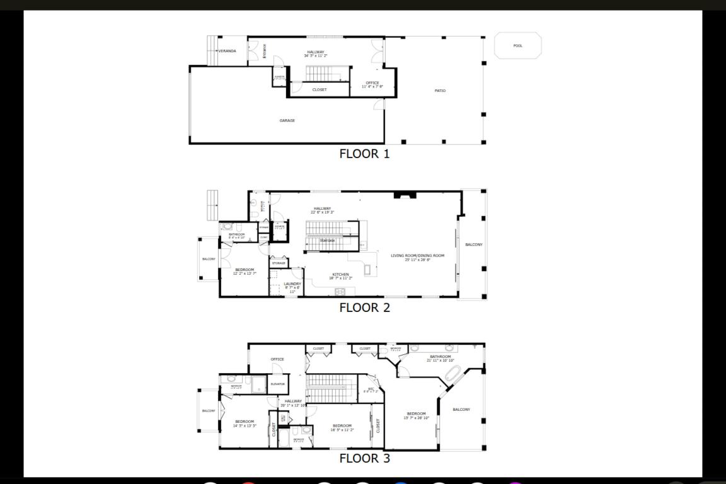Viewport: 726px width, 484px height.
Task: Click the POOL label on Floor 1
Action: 517,46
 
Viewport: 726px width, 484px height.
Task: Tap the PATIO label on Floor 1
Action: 440,91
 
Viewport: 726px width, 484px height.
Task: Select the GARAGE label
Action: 287,120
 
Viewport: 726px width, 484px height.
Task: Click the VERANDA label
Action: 227,51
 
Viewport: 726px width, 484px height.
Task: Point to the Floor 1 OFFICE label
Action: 372,83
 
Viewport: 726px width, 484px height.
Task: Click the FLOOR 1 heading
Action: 364,154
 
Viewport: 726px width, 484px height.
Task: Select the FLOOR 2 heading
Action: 364,308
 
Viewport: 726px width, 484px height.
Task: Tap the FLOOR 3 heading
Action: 364,458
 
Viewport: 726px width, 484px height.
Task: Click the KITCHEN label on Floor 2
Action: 340,274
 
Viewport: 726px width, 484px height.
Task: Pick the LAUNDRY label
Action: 292,284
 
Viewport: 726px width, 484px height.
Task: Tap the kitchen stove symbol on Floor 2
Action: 340,291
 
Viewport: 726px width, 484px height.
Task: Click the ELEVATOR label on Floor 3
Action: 277,384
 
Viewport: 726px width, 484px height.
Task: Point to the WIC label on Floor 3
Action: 371,388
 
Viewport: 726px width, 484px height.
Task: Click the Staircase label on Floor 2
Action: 327,240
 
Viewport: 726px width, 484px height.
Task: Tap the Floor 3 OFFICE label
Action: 277,359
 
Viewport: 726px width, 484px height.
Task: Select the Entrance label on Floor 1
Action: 265,50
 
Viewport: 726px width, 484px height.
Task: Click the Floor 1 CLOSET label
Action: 320,89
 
